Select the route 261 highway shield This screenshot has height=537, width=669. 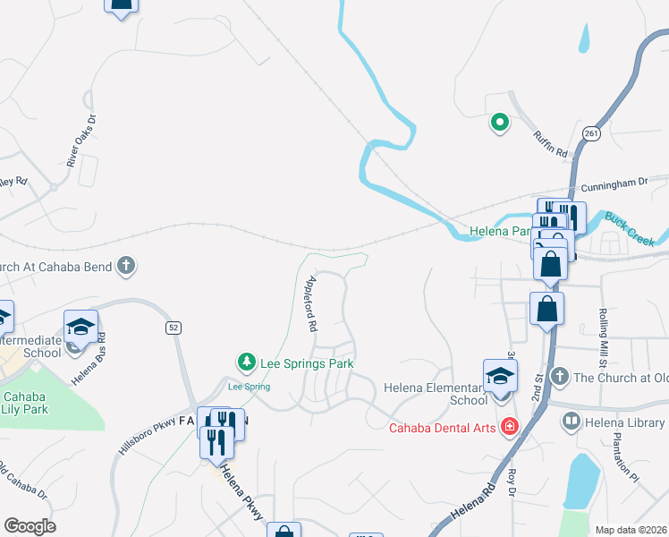[x=590, y=133]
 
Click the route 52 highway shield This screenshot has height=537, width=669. [x=174, y=328]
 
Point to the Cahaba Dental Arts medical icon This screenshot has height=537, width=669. [x=510, y=426]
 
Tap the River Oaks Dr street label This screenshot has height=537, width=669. [x=80, y=141]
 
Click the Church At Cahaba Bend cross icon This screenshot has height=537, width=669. [x=127, y=265]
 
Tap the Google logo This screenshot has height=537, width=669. [x=30, y=526]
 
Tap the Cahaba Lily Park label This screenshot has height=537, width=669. [x=25, y=403]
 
